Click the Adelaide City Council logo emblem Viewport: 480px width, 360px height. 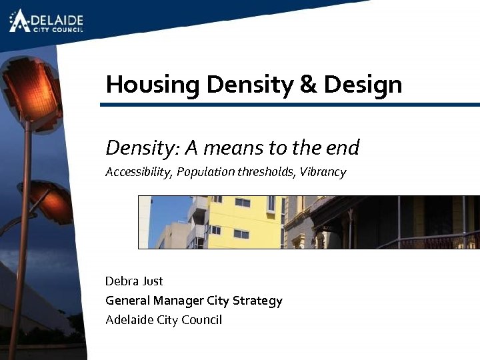click(19, 20)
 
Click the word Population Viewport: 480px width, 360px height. click(205, 172)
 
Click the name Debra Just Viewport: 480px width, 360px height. click(134, 281)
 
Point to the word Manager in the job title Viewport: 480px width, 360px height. click(178, 301)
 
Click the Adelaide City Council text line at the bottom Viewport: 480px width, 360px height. click(163, 320)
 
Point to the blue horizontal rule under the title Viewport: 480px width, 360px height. click(290, 105)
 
